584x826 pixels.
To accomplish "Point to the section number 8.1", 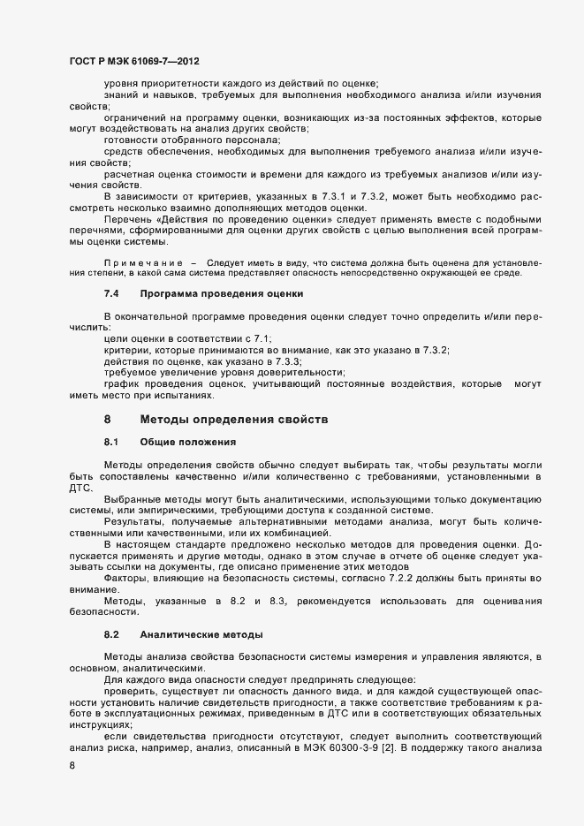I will (111, 440).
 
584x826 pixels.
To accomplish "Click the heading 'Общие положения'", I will (183, 440).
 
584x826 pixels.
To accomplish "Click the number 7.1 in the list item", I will (263, 339).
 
